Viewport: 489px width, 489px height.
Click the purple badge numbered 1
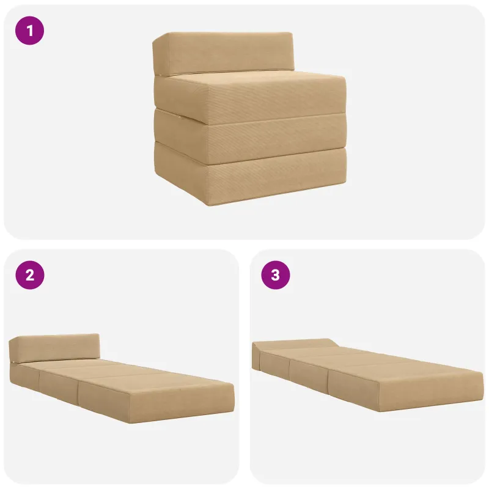[x=29, y=31]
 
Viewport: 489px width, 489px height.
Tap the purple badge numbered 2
[x=30, y=275]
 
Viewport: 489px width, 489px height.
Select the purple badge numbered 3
[x=276, y=275]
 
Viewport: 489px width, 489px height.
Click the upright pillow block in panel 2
[x=54, y=348]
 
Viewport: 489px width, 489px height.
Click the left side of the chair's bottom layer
[x=180, y=175]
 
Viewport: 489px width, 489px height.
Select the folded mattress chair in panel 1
[x=249, y=119]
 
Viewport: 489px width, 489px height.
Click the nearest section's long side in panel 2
[x=103, y=394]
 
